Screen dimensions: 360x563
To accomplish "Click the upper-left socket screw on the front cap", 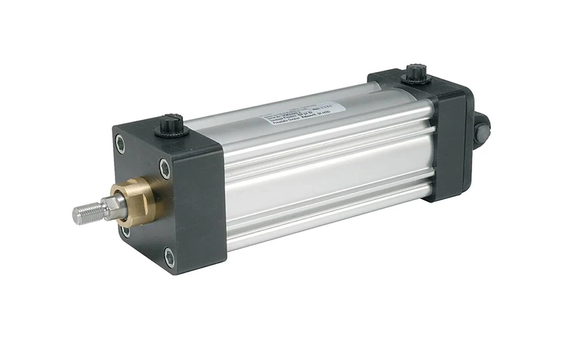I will (x=121, y=143).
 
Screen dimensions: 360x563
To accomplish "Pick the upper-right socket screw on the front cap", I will (x=165, y=168).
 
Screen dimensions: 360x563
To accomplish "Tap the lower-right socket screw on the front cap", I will (x=170, y=258).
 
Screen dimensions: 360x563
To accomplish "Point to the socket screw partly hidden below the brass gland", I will (x=125, y=230).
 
